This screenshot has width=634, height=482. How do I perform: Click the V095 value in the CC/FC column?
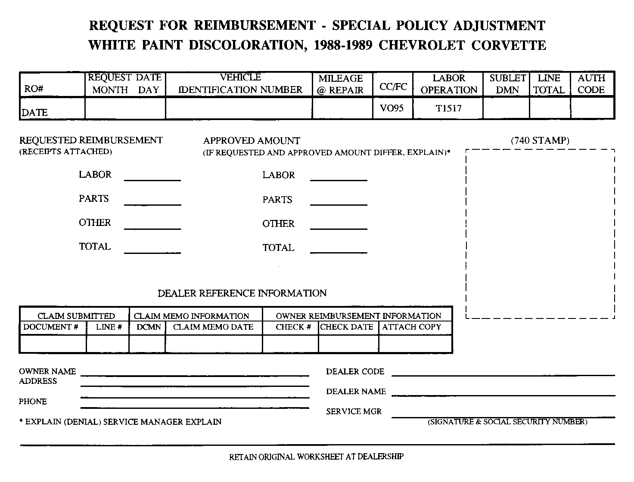click(x=392, y=108)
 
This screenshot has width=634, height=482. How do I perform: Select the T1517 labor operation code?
click(x=448, y=108)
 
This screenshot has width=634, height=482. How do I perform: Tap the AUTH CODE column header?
click(x=591, y=84)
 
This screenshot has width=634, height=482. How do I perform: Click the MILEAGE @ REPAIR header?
click(x=341, y=84)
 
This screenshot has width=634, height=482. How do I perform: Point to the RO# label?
click(x=34, y=89)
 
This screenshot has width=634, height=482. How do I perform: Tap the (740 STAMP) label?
click(x=540, y=140)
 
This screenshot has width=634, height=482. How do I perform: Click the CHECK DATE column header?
click(x=347, y=327)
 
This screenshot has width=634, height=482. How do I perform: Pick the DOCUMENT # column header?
click(x=51, y=327)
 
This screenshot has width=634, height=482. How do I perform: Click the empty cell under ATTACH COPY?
click(x=415, y=344)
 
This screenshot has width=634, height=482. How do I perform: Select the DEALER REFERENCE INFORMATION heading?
click(x=242, y=294)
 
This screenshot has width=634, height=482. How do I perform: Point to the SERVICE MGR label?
click(x=354, y=411)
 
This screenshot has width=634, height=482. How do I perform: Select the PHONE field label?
click(x=33, y=402)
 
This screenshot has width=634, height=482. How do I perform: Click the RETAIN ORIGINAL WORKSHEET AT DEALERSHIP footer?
click(x=316, y=457)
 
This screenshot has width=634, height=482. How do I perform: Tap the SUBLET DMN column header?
click(x=507, y=84)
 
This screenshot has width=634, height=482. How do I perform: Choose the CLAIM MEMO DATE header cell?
click(x=213, y=327)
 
